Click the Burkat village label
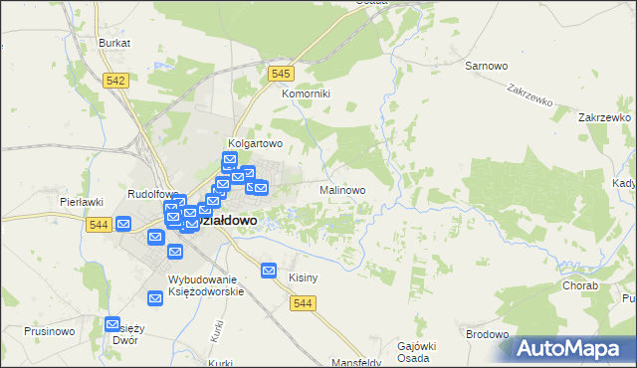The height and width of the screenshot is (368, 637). (114, 44)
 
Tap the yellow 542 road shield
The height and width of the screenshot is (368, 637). (115, 81)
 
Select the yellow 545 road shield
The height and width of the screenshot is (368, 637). (281, 74)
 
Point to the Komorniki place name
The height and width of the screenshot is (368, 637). (306, 93)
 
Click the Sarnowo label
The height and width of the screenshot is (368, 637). (487, 66)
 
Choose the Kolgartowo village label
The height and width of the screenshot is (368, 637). (256, 143)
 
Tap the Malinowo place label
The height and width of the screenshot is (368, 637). (342, 189)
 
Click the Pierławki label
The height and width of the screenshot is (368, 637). (83, 202)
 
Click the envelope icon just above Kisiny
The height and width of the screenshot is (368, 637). (269, 270)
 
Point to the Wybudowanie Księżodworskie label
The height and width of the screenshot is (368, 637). (206, 285)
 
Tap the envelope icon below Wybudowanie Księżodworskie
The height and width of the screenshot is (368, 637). (155, 297)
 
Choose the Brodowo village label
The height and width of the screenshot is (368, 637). (487, 334)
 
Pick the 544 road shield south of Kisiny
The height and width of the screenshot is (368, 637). (305, 304)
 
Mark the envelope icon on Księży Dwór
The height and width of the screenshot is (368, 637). (112, 325)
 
